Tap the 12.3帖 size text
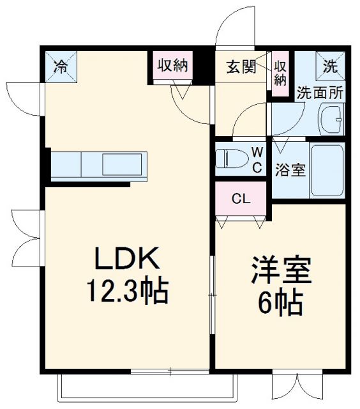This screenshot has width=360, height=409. click(x=127, y=292)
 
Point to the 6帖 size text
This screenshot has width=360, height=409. click(x=280, y=304)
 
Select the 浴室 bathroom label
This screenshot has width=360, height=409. click(x=290, y=171)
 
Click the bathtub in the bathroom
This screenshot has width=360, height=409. click(x=326, y=171)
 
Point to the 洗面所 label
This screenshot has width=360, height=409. click(x=320, y=91)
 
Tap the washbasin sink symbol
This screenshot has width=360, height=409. click(x=332, y=118)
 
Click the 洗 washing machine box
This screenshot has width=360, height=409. click(x=330, y=65)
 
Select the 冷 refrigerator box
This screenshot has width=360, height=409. click(x=59, y=65)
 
